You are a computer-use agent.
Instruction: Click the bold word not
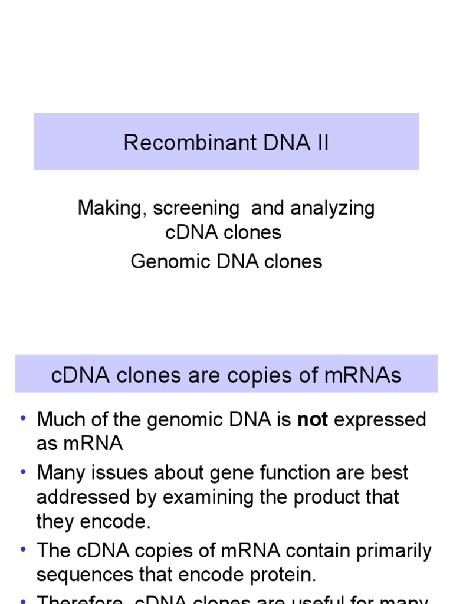tap(313, 420)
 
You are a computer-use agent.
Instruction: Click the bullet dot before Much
tap(23, 418)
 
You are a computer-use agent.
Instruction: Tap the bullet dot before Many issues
tap(23, 471)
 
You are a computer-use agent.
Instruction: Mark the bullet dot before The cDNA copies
tap(23, 549)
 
